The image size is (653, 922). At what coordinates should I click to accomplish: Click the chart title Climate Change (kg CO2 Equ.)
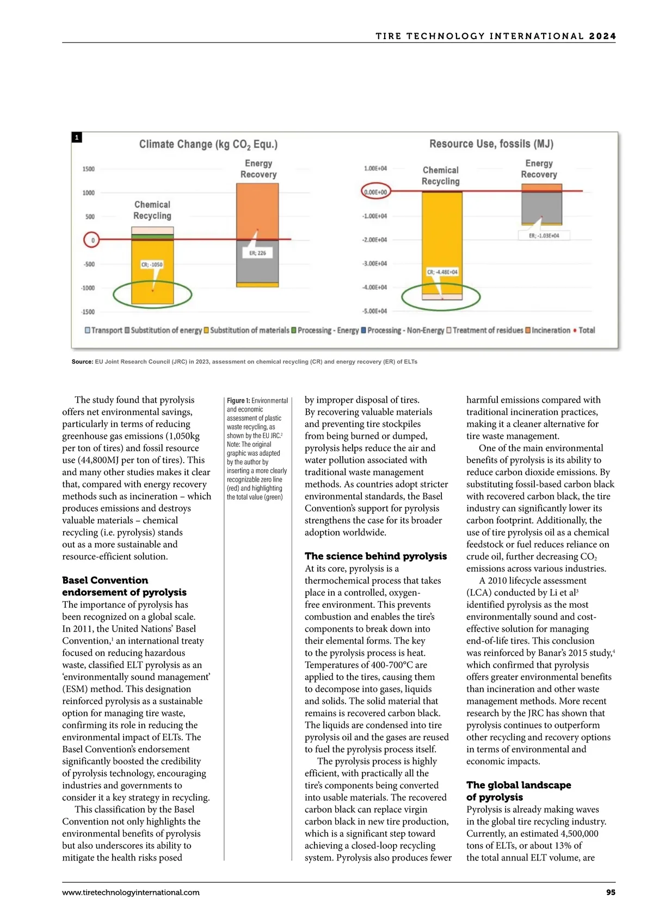208,144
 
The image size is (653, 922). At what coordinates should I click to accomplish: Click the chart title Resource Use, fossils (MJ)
491,144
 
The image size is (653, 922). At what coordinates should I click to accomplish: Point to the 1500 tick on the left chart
88,169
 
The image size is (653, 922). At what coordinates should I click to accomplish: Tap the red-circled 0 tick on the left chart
92,240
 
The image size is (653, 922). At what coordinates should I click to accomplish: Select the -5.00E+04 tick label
375,312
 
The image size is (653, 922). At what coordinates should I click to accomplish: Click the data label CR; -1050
152,265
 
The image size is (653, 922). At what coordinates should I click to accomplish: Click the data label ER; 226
257,253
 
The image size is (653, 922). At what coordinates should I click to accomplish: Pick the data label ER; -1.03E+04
544,235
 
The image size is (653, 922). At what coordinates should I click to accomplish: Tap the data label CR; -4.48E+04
442,272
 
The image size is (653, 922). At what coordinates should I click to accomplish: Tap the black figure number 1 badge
77,138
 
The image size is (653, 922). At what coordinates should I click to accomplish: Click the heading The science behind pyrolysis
375,556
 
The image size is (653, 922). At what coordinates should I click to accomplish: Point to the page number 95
611,892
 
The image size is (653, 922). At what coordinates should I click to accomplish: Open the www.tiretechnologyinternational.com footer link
131,892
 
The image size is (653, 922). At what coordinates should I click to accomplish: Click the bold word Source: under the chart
82,362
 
